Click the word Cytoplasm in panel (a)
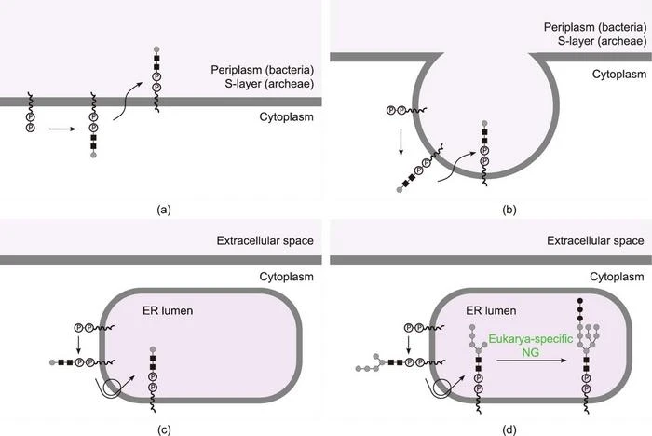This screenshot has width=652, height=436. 286,117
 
